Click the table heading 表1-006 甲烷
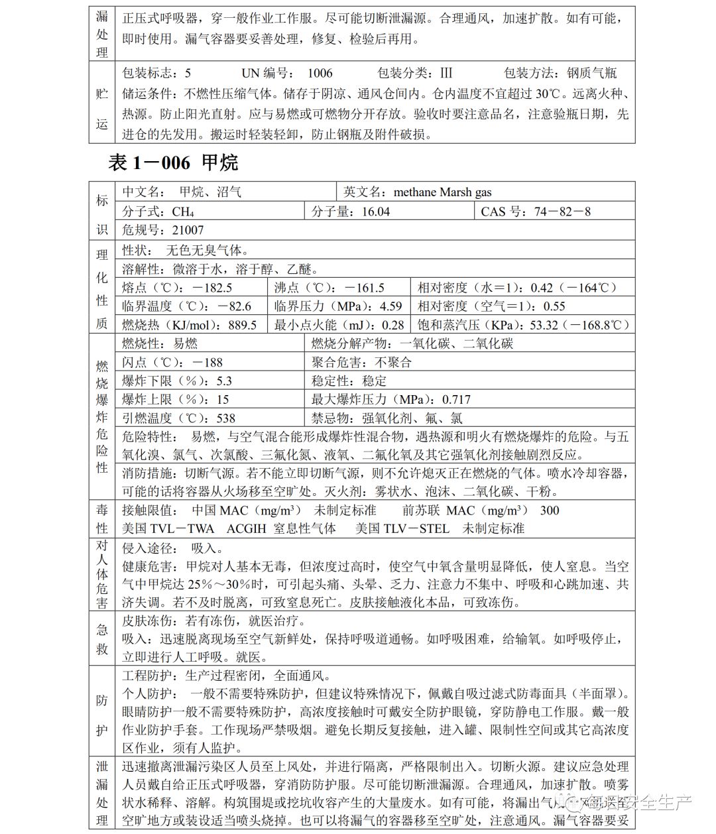pos(172,162)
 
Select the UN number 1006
pos(320,74)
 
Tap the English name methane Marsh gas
pos(442,192)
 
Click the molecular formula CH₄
pos(183,212)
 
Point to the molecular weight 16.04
pos(375,212)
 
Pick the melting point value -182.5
pos(212,288)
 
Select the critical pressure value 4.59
pos(390,306)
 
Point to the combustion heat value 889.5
pos(242,325)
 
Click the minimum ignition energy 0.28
pos(392,325)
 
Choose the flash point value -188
pos(208,363)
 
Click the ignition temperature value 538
pos(225,418)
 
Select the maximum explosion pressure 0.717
pos(456,400)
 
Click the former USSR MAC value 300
pos(550,510)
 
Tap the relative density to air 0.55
pos(554,306)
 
